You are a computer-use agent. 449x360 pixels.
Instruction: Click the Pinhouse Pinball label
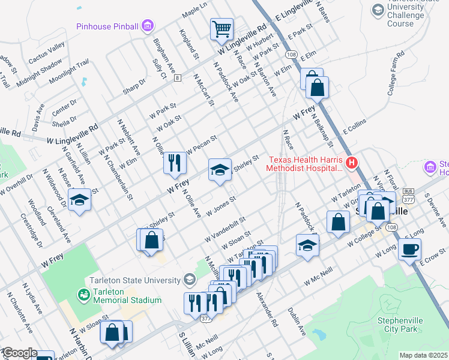click(107, 26)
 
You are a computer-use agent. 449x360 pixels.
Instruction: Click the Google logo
click(19, 353)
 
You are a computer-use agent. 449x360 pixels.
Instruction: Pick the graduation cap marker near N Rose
click(79, 200)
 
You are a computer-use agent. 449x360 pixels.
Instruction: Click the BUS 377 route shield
click(409, 193)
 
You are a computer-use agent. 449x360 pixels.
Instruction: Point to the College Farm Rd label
click(397, 73)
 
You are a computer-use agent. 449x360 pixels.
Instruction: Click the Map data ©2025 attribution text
click(423, 355)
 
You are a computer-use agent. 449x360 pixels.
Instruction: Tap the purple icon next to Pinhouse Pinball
click(148, 26)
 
